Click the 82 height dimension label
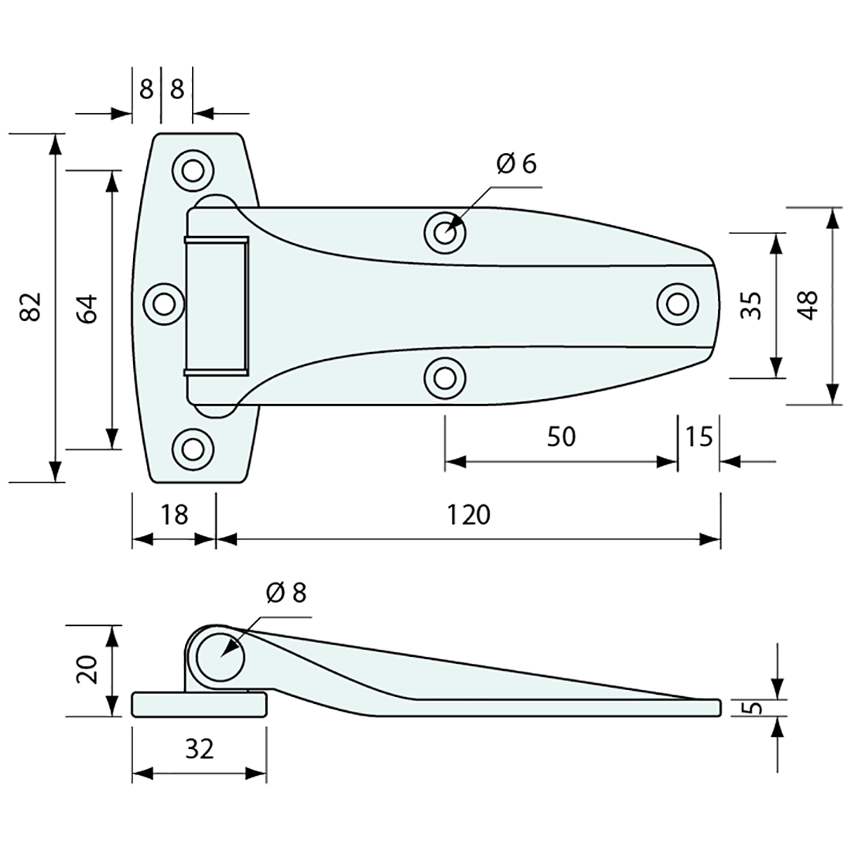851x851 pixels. tap(29, 307)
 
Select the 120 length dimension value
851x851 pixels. tap(468, 514)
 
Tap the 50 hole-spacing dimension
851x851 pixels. tap(561, 437)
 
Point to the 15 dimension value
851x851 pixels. tap(698, 437)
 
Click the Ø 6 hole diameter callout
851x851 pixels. tap(516, 164)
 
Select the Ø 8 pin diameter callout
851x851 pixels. tap(285, 593)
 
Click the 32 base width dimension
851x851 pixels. tap(199, 748)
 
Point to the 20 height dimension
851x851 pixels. tap(87, 669)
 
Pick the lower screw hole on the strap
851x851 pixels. tap(444, 378)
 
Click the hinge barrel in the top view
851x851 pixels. tap(216, 306)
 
